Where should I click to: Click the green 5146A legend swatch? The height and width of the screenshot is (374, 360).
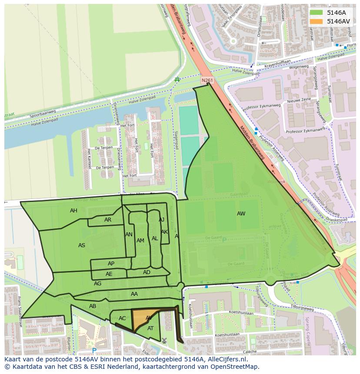point(317,13)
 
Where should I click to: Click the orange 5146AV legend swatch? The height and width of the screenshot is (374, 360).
point(317,21)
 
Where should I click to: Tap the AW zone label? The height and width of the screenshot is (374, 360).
point(241,213)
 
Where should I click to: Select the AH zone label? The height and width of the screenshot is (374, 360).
point(73,211)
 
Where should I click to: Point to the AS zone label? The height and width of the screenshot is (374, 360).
point(82,245)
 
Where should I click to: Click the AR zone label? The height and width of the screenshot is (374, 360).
point(108,220)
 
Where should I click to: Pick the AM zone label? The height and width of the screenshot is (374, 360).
point(140,241)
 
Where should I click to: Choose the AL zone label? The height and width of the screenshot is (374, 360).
point(155,238)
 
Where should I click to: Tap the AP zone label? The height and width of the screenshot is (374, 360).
point(111,264)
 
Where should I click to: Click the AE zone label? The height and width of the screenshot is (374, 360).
point(109,274)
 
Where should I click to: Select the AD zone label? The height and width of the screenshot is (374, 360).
point(147,272)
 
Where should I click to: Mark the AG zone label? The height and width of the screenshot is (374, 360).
point(97,284)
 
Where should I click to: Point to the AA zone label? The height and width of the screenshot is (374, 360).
point(134,294)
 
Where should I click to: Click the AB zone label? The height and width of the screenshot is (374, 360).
point(93,306)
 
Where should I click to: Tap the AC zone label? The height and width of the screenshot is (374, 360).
point(122,318)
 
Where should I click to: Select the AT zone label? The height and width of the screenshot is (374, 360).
point(150,328)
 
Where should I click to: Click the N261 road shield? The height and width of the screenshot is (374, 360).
point(207,80)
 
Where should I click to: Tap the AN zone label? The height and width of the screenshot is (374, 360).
point(129,235)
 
